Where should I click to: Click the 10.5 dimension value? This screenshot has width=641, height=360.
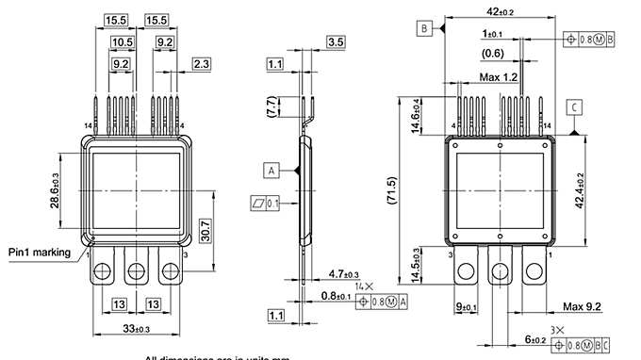(x=122, y=42)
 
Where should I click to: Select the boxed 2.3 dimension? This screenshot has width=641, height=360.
(x=201, y=64)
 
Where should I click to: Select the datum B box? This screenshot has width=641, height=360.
(x=425, y=29)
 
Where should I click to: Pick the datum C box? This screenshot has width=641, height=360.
(x=574, y=107)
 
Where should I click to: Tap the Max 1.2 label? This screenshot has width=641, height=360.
(x=500, y=75)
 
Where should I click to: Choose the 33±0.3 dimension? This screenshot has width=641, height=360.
(x=138, y=328)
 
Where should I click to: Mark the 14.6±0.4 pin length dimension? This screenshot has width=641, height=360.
(x=415, y=115)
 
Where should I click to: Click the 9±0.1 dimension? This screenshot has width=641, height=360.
(x=466, y=307)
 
